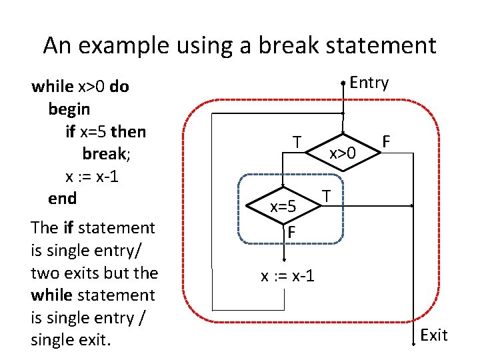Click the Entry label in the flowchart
(369, 83)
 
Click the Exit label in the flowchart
(434, 335)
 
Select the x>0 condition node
(343, 153)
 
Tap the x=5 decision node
(283, 207)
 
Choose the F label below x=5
(291, 233)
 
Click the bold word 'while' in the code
(53, 86)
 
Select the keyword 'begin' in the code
(69, 108)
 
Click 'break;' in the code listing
(106, 153)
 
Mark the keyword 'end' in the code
(62, 198)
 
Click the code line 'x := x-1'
(91, 176)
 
